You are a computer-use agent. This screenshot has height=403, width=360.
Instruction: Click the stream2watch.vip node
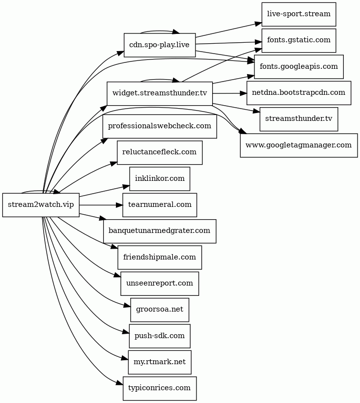point(41,205)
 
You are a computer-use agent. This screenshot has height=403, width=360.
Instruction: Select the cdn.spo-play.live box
point(160,45)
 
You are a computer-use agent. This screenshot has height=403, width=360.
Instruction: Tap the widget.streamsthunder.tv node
point(160,93)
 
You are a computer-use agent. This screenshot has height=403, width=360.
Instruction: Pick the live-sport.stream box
point(299,14)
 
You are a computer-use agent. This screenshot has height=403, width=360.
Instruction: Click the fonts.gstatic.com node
point(299,41)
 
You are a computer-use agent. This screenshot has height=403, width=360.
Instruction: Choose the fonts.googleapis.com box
point(299,67)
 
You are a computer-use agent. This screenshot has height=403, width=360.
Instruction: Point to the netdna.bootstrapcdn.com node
point(299,93)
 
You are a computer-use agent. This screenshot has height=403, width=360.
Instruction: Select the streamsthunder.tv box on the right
point(299,119)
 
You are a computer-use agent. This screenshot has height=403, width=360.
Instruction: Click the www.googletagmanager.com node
point(299,145)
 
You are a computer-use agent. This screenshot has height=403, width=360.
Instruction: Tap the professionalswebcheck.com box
point(160,126)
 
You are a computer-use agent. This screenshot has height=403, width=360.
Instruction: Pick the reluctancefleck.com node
point(160,153)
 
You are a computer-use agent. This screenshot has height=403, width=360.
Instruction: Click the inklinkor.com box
point(160,179)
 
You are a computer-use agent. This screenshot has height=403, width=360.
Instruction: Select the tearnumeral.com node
point(160,205)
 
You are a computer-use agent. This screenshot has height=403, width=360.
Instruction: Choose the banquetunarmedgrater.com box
point(160,231)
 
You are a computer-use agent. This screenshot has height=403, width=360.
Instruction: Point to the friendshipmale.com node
point(160,258)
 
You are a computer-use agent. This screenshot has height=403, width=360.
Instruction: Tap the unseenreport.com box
point(160,284)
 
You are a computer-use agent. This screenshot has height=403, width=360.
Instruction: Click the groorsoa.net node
point(160,310)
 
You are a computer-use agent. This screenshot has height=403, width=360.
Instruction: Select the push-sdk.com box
point(160,336)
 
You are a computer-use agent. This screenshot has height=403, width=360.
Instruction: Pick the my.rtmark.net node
point(160,362)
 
